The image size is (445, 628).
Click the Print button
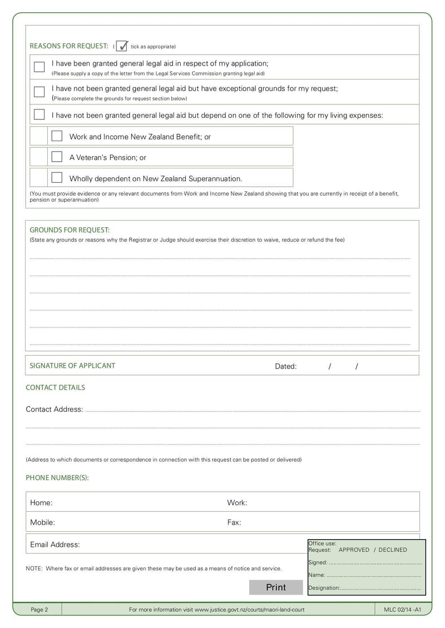point(276,587)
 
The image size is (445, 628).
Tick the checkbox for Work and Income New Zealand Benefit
point(57,136)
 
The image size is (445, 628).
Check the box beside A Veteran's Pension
point(57,157)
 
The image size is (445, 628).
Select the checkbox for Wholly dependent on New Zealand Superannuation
point(57,178)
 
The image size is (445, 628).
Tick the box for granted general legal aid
point(39,67)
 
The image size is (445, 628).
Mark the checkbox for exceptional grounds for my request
point(39,92)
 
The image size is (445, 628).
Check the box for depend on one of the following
point(39,114)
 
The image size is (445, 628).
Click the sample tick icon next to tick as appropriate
point(122,46)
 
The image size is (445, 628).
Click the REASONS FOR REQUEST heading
point(68,46)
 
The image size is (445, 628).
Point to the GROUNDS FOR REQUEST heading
point(70,230)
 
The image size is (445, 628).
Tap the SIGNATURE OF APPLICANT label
point(72,366)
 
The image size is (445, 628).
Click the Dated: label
point(286,366)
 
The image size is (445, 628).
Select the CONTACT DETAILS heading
point(55,387)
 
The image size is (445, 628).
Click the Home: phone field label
point(41,502)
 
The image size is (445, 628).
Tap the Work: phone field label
point(237,502)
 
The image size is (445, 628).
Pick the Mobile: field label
point(42,522)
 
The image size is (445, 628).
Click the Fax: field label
point(234,522)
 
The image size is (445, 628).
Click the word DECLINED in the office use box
point(393,550)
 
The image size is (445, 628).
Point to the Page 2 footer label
point(39,610)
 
